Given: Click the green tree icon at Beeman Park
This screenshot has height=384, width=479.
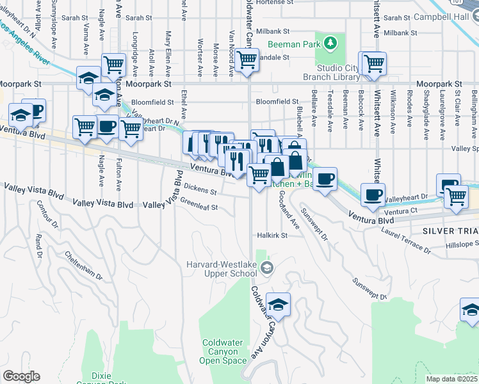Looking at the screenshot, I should tap(330, 44).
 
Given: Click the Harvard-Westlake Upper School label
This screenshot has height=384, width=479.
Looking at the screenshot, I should tap(222, 269).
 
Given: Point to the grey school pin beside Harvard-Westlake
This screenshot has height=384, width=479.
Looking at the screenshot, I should tap(268, 268).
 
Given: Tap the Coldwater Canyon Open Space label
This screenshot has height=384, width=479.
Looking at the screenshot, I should tap(224, 351).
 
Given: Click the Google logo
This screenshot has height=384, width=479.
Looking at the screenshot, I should tap(21, 376).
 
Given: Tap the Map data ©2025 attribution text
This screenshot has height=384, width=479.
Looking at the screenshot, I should tap(452, 379).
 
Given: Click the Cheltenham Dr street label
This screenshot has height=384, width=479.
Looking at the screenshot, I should tap(83, 266).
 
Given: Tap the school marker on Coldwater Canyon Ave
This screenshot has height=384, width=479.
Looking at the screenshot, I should tap(278, 304).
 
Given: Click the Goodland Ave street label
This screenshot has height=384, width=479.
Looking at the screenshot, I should tap(288, 214).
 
